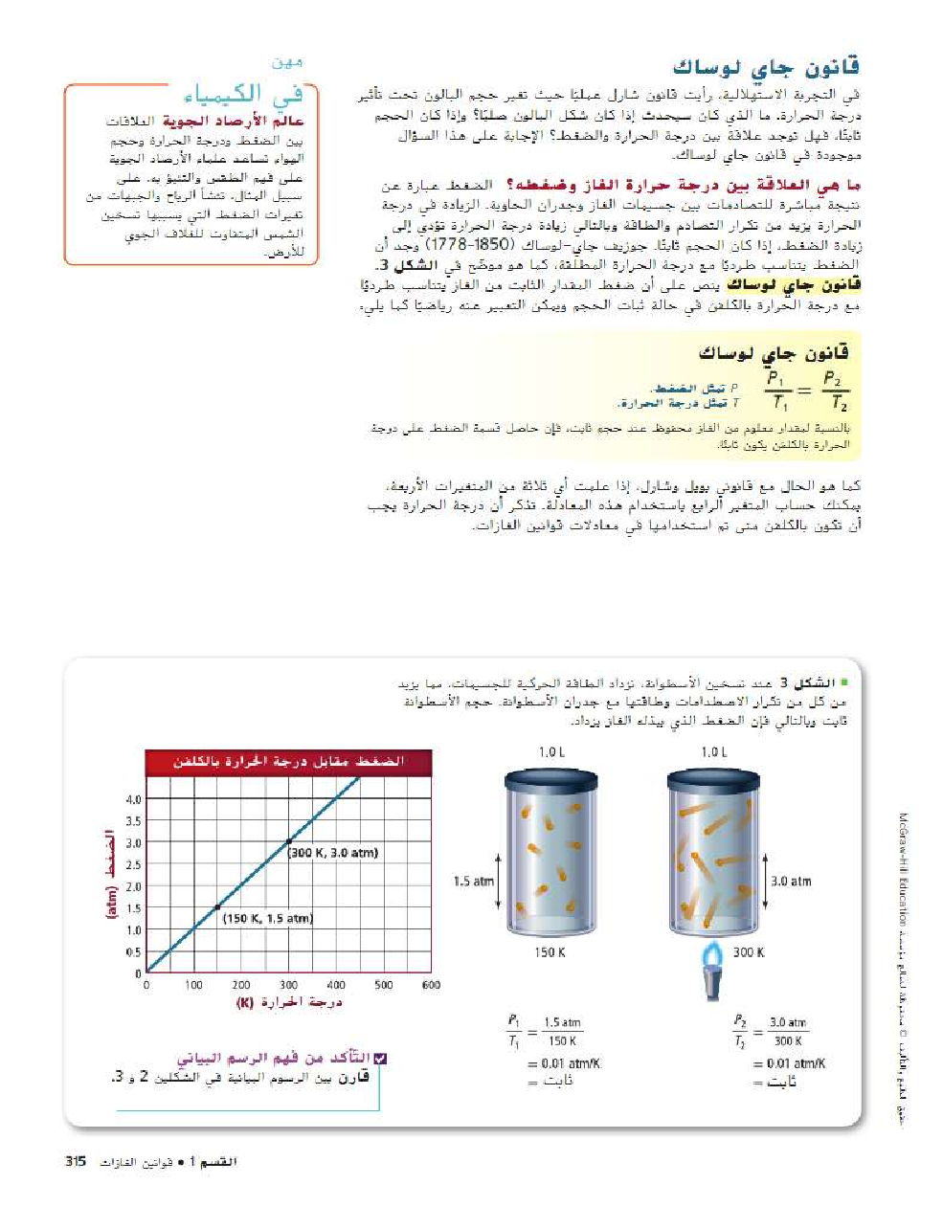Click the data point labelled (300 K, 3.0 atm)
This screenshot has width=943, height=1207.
[x=289, y=841]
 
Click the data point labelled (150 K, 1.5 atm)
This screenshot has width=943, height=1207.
[x=217, y=907]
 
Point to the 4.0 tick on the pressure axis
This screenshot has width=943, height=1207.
[x=133, y=798]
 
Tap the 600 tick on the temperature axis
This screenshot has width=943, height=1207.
[x=431, y=984]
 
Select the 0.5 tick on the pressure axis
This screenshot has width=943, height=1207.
[x=133, y=952]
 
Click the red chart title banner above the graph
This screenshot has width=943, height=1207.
[x=288, y=762]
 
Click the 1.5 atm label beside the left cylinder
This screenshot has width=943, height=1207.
[x=473, y=882]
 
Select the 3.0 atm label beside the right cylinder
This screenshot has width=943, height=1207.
[x=791, y=882]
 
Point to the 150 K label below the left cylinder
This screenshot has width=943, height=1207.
[x=550, y=952]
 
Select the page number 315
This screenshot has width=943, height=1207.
[x=76, y=1161]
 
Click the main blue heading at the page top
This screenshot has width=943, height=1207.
[x=766, y=67]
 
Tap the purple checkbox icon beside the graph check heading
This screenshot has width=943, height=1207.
[x=380, y=1058]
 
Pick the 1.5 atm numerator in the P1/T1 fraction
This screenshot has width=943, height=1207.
[x=562, y=1022]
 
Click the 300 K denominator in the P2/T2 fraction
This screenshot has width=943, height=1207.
[x=788, y=1040]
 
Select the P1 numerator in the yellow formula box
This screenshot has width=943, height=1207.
[x=776, y=378]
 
